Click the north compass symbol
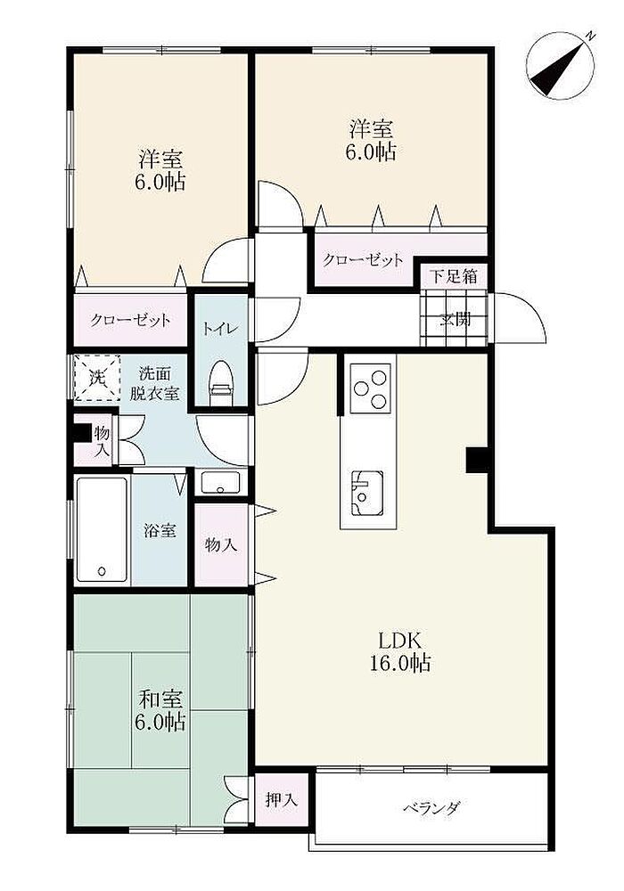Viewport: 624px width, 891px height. [561, 65]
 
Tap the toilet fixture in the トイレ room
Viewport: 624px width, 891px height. [221, 383]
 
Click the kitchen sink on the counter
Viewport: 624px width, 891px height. [367, 494]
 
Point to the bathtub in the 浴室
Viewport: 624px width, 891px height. [102, 529]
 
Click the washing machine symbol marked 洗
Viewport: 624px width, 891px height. [97, 377]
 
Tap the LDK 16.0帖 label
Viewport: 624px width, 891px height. [400, 652]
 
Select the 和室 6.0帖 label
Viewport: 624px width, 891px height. [160, 710]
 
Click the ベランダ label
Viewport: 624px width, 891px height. [431, 807]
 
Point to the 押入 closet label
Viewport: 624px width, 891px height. [282, 800]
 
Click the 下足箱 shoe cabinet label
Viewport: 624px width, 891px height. [453, 277]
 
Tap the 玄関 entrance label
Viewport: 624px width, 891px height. [455, 320]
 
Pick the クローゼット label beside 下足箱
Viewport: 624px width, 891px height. [363, 260]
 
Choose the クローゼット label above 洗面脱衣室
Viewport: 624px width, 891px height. [130, 320]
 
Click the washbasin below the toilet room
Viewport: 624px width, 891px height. [221, 483]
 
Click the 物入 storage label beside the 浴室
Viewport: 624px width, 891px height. [221, 545]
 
